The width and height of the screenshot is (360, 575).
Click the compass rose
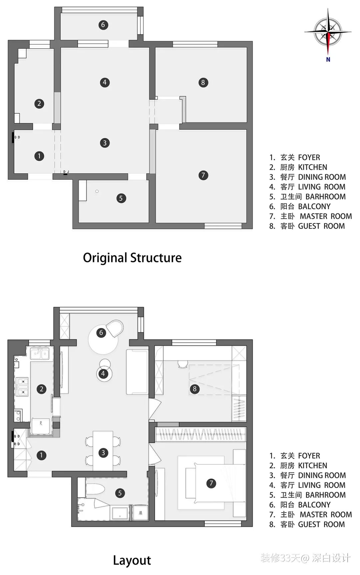pyautogui.click(x=328, y=32)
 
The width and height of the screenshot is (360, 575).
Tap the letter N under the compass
pyautogui.click(x=328, y=60)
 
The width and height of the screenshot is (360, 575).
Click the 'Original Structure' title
pyautogui.click(x=132, y=258)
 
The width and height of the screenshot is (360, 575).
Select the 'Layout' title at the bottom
pyautogui.click(x=132, y=560)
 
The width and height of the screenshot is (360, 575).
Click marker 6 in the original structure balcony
pyautogui.click(x=103, y=25)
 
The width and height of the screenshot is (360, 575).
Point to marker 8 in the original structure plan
pyautogui.click(x=203, y=82)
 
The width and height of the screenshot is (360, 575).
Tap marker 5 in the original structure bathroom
pyautogui.click(x=121, y=198)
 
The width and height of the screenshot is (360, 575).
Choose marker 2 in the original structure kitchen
pyautogui.click(x=39, y=103)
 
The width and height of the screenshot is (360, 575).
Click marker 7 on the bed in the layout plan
pyautogui.click(x=211, y=483)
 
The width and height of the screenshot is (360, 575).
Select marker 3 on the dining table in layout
pyautogui.click(x=103, y=452)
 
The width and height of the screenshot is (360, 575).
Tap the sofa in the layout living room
pyautogui.click(x=137, y=372)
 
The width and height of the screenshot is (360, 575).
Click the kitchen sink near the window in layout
pyautogui.click(x=40, y=353)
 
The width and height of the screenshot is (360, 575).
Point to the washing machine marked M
pyautogui.click(x=140, y=513)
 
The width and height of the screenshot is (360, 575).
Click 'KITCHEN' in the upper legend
pyautogui.click(x=313, y=167)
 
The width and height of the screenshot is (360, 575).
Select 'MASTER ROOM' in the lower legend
pyautogui.click(x=326, y=515)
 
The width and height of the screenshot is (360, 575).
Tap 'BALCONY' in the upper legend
pyautogui.click(x=314, y=207)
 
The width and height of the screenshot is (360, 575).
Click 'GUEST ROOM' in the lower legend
pyautogui.click(x=321, y=524)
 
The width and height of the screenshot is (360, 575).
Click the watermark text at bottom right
pyautogui.click(x=306, y=558)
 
